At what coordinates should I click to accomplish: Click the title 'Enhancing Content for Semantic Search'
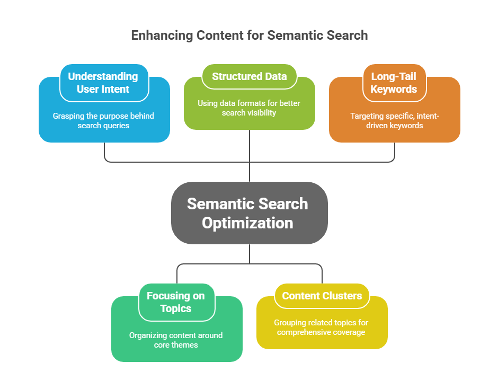[x=249, y=36]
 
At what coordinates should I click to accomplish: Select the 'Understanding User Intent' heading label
[x=103, y=83]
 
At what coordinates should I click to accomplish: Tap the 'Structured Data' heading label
[x=249, y=76]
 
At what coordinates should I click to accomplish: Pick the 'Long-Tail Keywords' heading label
[x=394, y=83]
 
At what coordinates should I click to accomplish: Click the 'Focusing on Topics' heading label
[x=176, y=302]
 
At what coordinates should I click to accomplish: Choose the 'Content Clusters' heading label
[x=322, y=296]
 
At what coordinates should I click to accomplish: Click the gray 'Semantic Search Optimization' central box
[x=249, y=213]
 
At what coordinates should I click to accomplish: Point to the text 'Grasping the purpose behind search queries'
[x=103, y=120]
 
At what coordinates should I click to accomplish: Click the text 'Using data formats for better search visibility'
[x=249, y=108]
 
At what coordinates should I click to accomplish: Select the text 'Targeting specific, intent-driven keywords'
[x=394, y=120]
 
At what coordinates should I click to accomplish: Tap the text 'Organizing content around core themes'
[x=176, y=340]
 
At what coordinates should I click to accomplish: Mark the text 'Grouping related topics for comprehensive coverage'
[x=322, y=327]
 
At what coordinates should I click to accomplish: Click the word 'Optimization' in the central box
[x=247, y=223]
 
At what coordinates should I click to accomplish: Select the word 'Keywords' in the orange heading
[x=394, y=89]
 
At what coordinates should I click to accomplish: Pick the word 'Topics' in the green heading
[x=176, y=308]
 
